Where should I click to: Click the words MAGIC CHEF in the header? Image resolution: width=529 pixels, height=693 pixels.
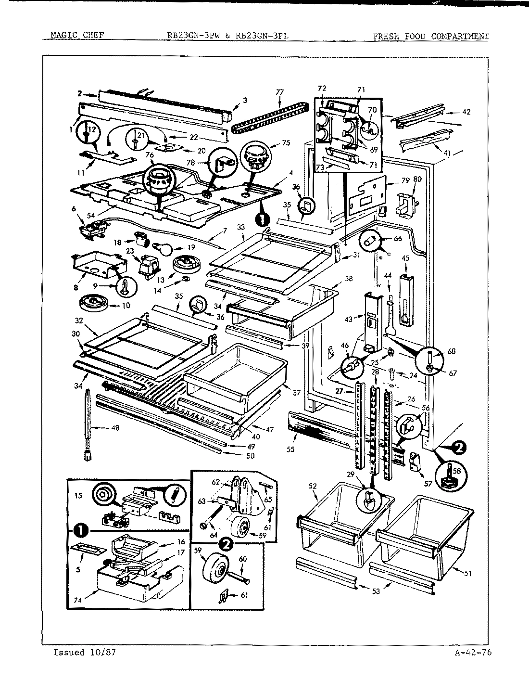coord(76,36)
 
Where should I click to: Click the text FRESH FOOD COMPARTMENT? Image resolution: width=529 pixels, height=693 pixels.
coord(431,36)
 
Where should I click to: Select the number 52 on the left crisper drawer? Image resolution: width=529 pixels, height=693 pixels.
coord(314,486)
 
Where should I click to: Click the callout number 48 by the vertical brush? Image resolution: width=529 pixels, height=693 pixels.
coord(115,427)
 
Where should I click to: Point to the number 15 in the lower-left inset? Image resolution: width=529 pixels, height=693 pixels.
coord(79,494)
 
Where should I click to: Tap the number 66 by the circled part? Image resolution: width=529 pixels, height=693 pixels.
coord(398,238)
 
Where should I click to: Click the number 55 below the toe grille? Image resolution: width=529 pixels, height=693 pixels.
coord(290,449)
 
